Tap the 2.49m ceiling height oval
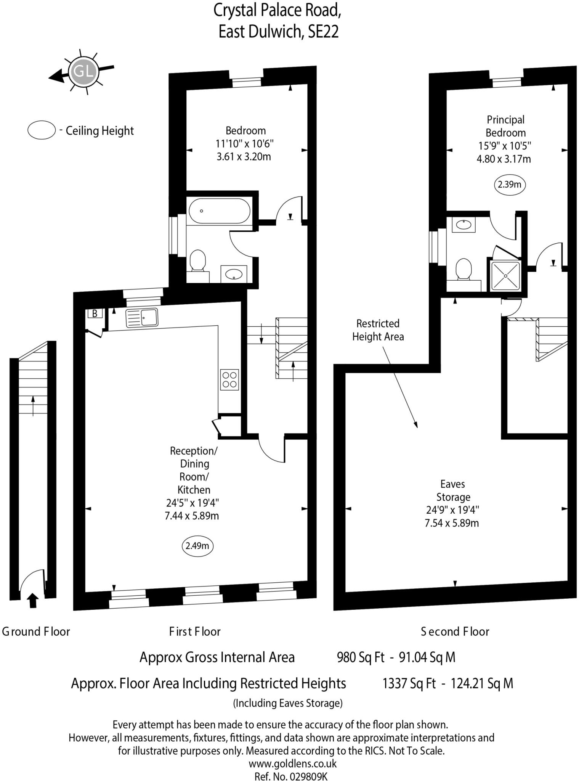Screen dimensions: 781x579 point(197,546)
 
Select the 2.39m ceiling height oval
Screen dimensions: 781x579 point(509,185)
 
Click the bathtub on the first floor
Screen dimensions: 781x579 point(220,211)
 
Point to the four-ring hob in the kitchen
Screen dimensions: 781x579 point(229,379)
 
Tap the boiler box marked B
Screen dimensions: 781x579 point(95,313)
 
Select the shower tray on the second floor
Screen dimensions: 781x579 point(505,275)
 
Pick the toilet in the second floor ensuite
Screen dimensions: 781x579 point(464,269)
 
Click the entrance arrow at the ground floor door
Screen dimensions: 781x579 point(33,600)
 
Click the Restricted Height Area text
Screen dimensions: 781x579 point(378,330)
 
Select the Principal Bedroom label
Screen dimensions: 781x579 point(505,126)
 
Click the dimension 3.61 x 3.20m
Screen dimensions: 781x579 point(244,157)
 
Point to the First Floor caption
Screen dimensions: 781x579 point(195,632)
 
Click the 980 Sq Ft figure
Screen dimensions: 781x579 point(360,657)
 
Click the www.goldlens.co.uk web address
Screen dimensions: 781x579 point(292,763)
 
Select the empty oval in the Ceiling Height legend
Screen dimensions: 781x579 point(42,130)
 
